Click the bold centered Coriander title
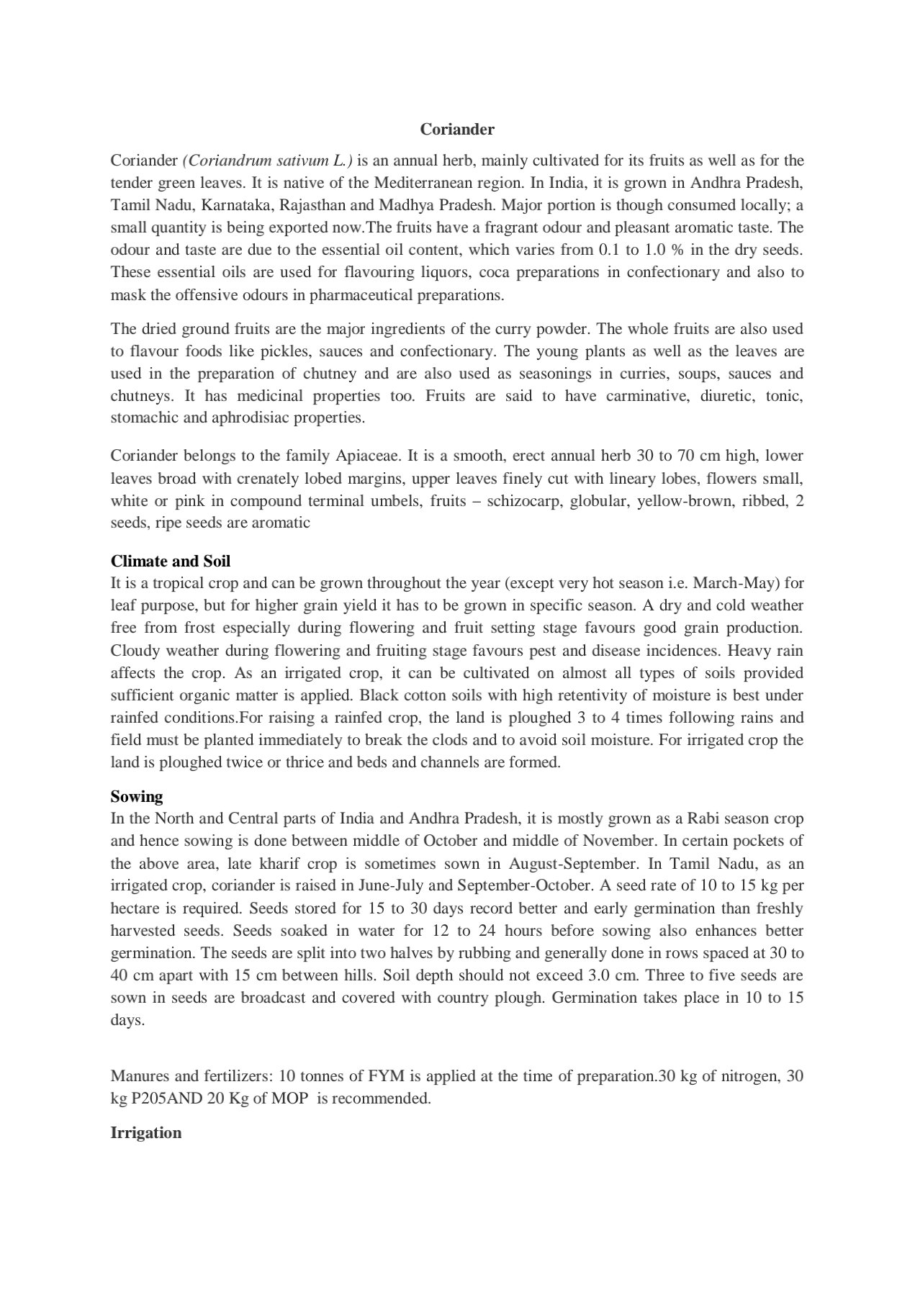457,130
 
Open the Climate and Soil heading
171,561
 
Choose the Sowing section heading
137,796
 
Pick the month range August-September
567,863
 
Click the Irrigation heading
146,1132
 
